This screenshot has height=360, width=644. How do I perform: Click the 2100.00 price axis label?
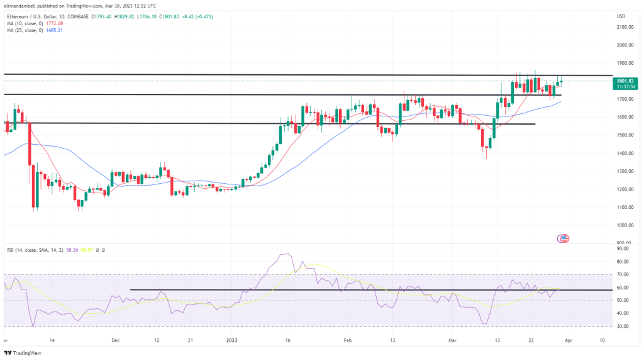click(x=625, y=27)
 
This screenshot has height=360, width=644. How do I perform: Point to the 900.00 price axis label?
click(x=625, y=243)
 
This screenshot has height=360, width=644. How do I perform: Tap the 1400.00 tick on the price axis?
click(x=625, y=153)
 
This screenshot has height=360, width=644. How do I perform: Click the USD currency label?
click(x=621, y=16)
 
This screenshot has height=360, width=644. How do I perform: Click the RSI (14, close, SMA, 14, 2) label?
click(x=35, y=250)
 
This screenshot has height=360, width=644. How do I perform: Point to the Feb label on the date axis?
click(x=346, y=340)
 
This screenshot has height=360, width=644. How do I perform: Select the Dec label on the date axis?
click(x=115, y=340)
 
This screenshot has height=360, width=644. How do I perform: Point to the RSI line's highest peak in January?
click(x=288, y=254)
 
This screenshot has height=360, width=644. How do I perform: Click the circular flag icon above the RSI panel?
click(x=563, y=238)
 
